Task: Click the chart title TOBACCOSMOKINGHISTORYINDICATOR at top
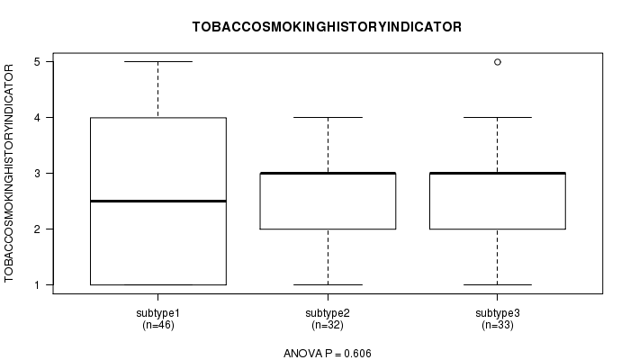tap(327, 27)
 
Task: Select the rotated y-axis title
tap(11, 174)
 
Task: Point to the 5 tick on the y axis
tap(38, 61)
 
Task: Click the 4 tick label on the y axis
tap(38, 117)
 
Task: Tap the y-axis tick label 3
tap(38, 173)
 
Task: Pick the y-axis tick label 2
tap(38, 229)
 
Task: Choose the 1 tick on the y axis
tap(38, 284)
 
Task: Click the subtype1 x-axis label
tap(157, 312)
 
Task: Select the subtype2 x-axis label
tap(328, 312)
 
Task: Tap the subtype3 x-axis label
tap(498, 312)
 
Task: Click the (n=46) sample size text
tap(157, 324)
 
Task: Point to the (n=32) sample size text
tap(328, 324)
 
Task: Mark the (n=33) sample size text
tap(498, 324)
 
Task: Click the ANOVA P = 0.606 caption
tap(327, 354)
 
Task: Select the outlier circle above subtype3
tap(498, 61)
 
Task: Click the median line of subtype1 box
tap(157, 201)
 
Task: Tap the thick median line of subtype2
tap(328, 173)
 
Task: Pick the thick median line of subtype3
tap(498, 173)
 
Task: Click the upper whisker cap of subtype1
tap(157, 61)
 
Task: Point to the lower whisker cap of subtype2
tap(328, 284)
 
